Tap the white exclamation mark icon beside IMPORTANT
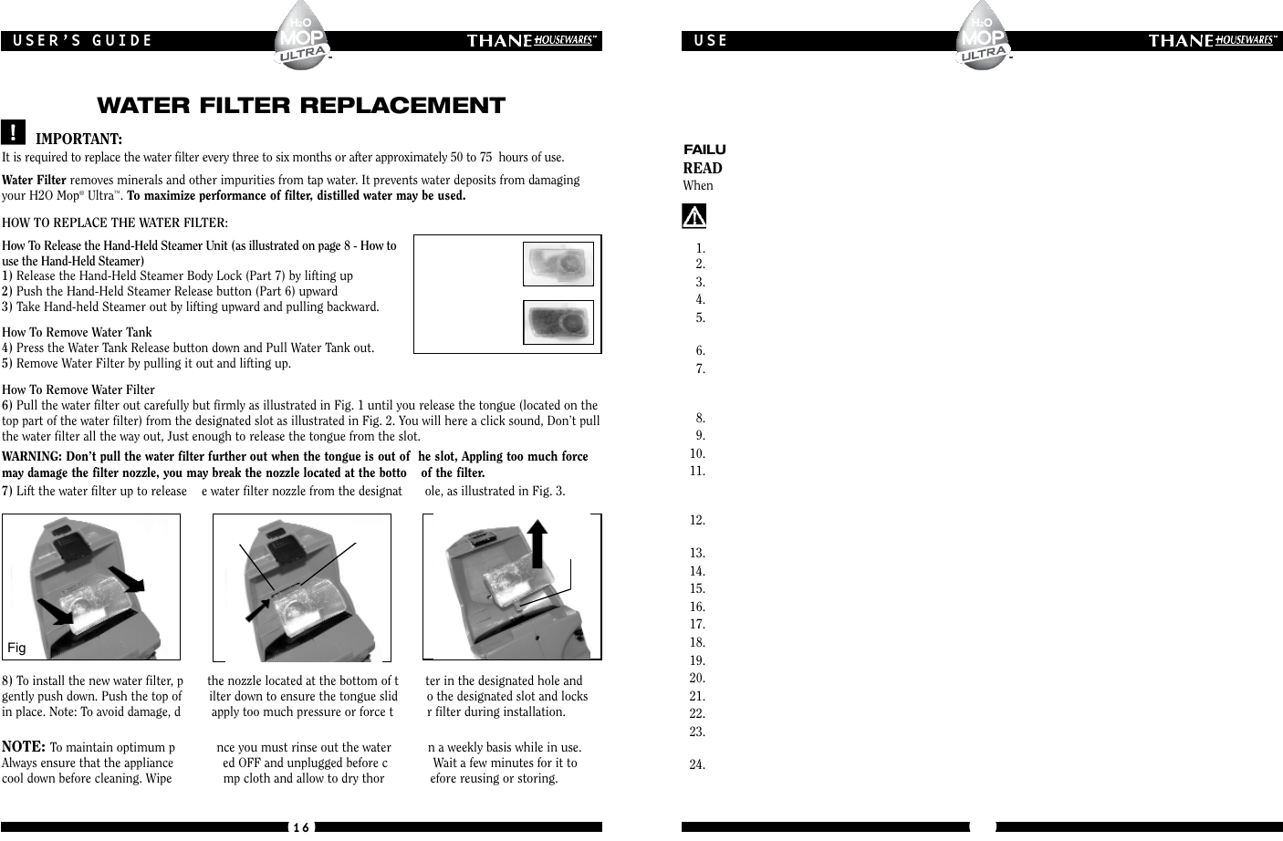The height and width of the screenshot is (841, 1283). [14, 132]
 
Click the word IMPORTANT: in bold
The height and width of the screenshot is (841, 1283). [79, 139]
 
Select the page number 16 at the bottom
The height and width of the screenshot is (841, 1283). [301, 826]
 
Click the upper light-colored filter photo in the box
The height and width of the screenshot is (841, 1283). [558, 264]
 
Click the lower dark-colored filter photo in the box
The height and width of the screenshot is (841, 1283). [558, 322]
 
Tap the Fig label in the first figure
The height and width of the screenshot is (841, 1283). [16, 648]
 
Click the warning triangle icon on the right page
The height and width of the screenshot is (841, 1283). [695, 216]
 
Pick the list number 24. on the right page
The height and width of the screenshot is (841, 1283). [698, 764]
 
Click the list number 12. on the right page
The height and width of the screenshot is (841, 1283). [698, 520]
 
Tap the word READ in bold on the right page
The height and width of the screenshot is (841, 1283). [703, 168]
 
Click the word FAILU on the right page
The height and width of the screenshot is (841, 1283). [704, 150]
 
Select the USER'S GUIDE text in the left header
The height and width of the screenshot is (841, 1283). [82, 40]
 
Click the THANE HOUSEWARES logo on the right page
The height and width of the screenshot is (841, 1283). [1213, 40]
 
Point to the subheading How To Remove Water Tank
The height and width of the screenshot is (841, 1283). [78, 332]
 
